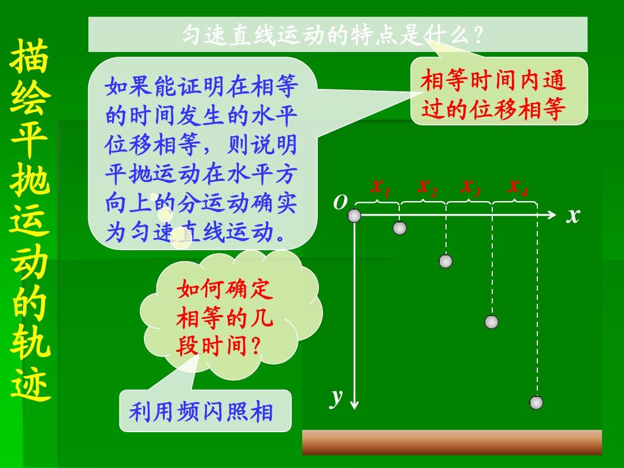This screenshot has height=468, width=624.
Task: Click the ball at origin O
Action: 354,216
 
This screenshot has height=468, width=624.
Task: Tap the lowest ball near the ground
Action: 536,402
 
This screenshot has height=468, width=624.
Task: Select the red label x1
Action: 380,187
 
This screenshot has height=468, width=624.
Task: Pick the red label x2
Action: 426,187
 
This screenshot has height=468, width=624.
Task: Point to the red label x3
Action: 470,187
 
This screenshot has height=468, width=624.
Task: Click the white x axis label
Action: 573,216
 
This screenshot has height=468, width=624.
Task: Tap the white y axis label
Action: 336,397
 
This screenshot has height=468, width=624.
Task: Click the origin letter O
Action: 340,203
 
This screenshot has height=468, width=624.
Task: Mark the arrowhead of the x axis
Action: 552,215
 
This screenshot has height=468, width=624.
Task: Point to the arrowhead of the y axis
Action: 354,406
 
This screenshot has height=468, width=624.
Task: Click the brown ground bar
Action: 452,442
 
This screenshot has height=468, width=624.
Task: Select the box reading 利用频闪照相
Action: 205,411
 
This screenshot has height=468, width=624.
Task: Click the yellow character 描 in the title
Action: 29,56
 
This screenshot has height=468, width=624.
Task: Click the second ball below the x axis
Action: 445,261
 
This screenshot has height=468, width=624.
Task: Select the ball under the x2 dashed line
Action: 445,261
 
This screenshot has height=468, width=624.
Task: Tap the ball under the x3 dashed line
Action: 492,322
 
